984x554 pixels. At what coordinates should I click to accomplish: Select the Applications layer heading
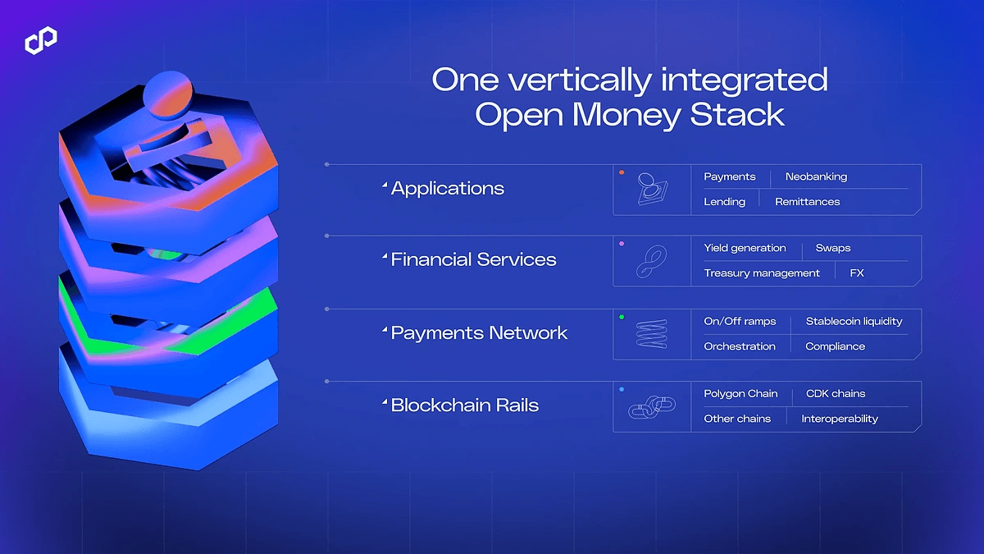coord(447,188)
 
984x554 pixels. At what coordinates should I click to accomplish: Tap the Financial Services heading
coord(473,259)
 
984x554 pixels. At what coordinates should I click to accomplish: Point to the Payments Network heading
coord(479,332)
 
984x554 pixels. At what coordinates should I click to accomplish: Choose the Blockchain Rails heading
coord(464,405)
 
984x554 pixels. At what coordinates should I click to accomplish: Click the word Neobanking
coord(816,176)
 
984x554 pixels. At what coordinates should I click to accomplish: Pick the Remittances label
coord(807,201)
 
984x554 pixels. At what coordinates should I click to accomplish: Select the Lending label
coord(724,201)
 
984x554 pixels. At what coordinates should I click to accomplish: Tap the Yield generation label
coord(745,248)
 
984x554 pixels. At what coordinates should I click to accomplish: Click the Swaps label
coord(833,248)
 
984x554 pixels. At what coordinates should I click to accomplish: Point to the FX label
coord(857,272)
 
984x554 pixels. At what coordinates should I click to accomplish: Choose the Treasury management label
coord(762,272)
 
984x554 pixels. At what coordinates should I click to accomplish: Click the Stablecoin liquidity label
coord(854,321)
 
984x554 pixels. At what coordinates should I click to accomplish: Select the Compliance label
coord(835,346)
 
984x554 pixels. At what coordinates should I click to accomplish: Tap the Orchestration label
coord(740,346)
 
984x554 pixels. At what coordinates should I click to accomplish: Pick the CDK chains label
coord(836,393)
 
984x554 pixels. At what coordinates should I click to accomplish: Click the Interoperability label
coord(840,418)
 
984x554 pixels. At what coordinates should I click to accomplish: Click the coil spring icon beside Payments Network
coord(651,335)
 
